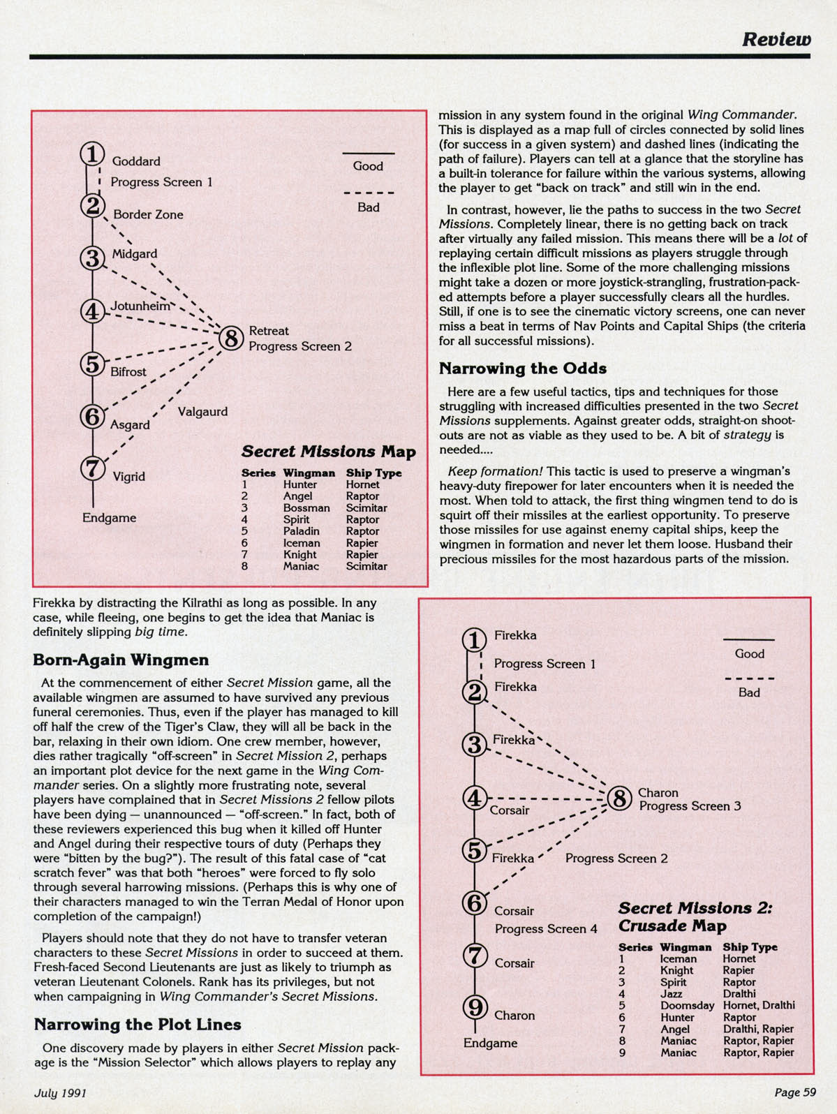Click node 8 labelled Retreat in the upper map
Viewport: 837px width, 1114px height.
[x=230, y=339]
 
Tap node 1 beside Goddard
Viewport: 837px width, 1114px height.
[x=92, y=154]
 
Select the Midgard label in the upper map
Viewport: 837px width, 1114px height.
[x=135, y=254]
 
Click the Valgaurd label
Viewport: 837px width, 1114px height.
[x=202, y=412]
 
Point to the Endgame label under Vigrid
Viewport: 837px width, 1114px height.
[x=109, y=518]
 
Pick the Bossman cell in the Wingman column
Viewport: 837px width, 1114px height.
[x=306, y=508]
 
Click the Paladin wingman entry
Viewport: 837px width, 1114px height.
[x=302, y=531]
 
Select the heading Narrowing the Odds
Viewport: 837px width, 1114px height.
[x=522, y=369]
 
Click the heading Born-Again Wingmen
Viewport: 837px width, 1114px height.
[x=121, y=660]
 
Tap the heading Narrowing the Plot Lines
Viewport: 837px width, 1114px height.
[x=138, y=1025]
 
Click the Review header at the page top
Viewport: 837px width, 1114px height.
[x=776, y=39]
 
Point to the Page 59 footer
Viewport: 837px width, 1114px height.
[x=794, y=1092]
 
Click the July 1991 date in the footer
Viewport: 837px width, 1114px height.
[x=60, y=1092]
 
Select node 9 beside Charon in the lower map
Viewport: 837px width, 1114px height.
[x=475, y=1007]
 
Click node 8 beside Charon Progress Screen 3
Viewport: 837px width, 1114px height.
[x=619, y=798]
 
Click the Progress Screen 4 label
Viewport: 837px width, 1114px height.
[x=546, y=929]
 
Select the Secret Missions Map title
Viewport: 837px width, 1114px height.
[x=328, y=452]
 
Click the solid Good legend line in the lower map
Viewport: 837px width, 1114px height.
[x=748, y=640]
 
